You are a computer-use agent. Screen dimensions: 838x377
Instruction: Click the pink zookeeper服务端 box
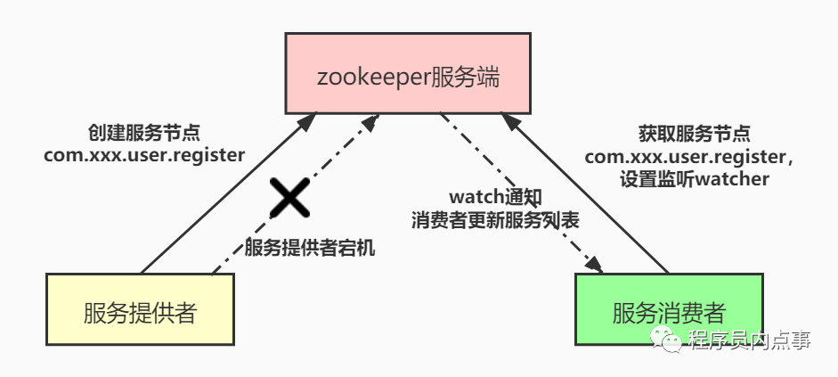tap(408, 73)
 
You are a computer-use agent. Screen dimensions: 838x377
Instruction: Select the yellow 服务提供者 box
tap(140, 309)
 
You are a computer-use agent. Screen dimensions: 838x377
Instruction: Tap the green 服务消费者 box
tap(669, 309)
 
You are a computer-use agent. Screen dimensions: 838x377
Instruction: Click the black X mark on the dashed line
tap(289, 198)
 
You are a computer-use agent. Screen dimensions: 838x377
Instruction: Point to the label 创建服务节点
tap(143, 133)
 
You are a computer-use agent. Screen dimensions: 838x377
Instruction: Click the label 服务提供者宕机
tap(310, 248)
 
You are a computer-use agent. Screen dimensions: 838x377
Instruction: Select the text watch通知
tap(495, 197)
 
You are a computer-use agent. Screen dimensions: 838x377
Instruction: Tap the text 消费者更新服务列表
tap(495, 220)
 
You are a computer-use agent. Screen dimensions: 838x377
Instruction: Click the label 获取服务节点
tap(695, 134)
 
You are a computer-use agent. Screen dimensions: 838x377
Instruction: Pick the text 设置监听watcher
tap(695, 178)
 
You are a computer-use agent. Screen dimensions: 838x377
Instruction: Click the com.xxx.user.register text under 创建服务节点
tap(144, 155)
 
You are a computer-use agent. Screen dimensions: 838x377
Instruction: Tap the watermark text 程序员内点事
tap(749, 340)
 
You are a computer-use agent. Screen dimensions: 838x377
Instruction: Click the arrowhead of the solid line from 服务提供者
tap(308, 121)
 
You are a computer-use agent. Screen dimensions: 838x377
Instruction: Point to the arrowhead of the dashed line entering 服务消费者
tap(593, 264)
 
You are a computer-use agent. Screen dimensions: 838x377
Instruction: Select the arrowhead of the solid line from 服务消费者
tap(510, 121)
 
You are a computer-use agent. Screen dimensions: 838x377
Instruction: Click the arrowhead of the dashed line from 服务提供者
tap(370, 122)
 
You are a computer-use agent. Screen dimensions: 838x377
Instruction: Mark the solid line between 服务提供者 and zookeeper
tap(229, 193)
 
